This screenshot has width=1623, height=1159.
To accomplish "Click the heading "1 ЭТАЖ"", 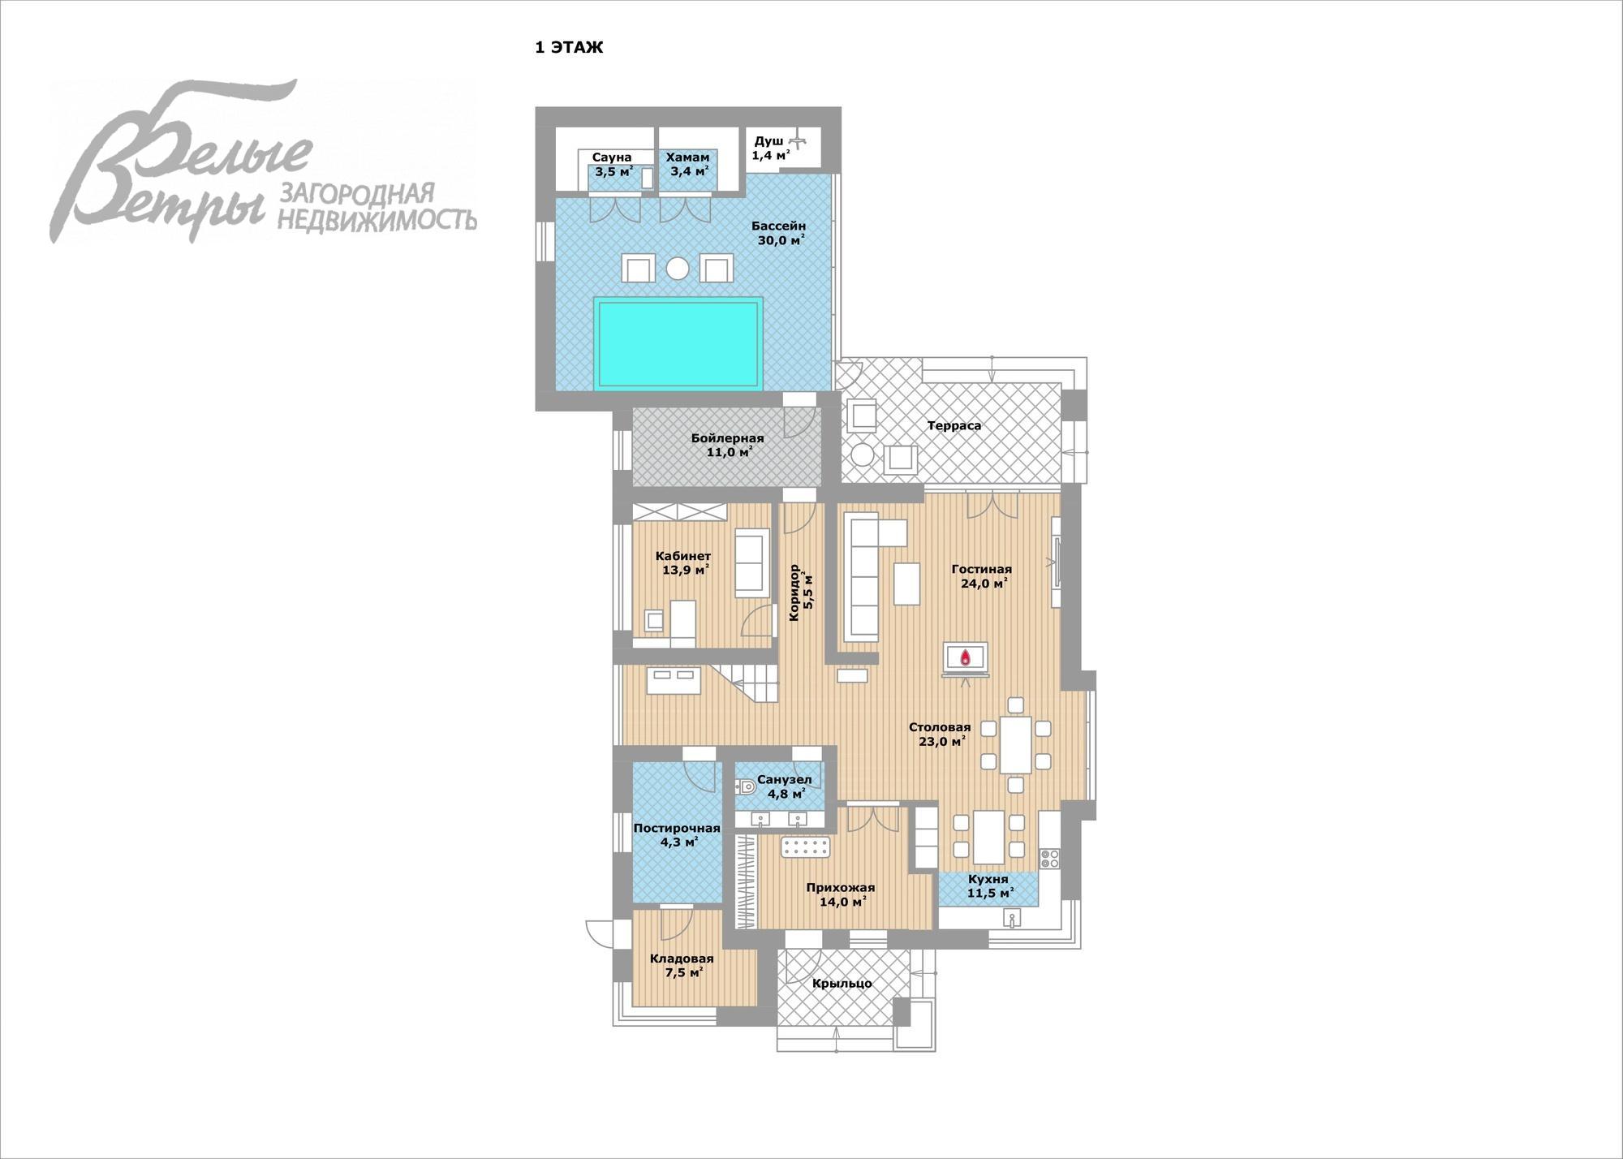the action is coord(569,48).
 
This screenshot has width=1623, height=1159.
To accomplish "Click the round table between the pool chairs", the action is coord(678,268).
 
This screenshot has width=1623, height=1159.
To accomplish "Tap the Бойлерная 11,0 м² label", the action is coord(728,445).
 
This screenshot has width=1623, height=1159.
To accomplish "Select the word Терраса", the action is coord(954,425).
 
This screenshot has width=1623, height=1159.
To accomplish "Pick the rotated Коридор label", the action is coord(794,592).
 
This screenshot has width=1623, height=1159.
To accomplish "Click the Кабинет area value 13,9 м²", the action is coord(686,570).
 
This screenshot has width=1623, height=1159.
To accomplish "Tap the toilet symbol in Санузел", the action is coord(746,786).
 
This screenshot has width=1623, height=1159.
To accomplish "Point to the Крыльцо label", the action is coord(842,984).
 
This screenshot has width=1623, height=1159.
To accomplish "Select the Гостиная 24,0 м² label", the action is coord(982,576).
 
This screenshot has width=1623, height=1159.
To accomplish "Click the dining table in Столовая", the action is coord(1016,745).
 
